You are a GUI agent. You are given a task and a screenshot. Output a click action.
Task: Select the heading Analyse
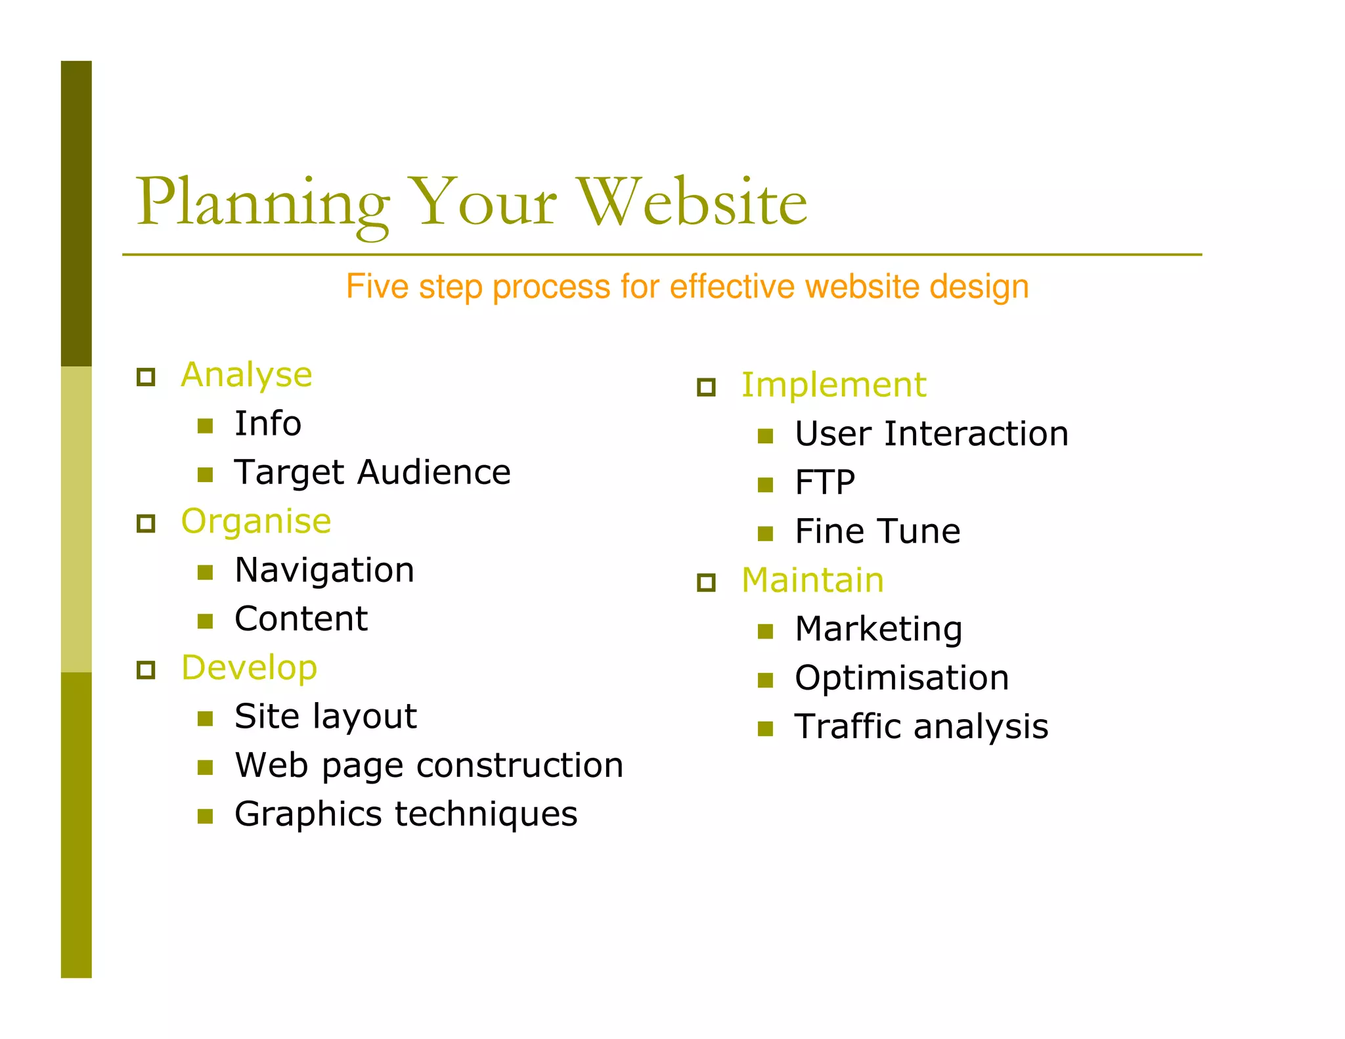pyautogui.click(x=246, y=376)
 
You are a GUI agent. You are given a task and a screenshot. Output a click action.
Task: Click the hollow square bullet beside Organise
pyautogui.click(x=146, y=523)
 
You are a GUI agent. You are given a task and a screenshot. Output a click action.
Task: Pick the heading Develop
pyautogui.click(x=249, y=668)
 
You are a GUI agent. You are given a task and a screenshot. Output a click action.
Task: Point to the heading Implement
pyautogui.click(x=833, y=386)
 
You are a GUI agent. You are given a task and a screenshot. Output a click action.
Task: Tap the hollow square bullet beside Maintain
pyautogui.click(x=706, y=582)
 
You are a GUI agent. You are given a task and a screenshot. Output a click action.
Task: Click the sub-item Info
pyautogui.click(x=268, y=424)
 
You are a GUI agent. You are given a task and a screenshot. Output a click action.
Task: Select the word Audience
pyautogui.click(x=433, y=472)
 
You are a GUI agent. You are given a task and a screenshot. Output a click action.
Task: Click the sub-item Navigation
pyautogui.click(x=324, y=570)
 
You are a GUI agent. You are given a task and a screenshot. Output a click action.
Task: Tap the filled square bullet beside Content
pyautogui.click(x=206, y=621)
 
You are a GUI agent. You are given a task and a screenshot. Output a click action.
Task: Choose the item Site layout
pyautogui.click(x=325, y=717)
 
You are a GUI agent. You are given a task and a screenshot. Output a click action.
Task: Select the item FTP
pyautogui.click(x=825, y=483)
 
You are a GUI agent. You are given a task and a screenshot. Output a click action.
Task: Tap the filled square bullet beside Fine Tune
pyautogui.click(x=765, y=533)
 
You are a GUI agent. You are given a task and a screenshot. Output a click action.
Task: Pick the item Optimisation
pyautogui.click(x=901, y=678)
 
